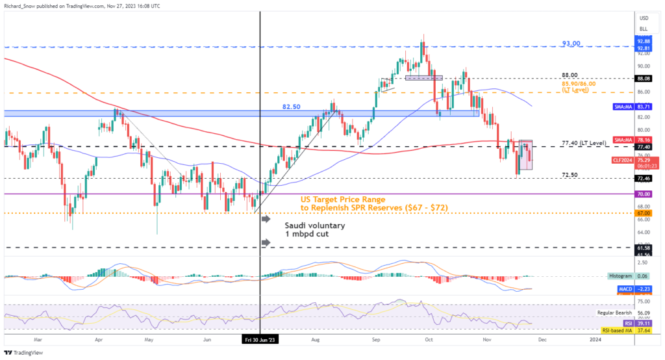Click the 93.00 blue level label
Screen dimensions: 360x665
click(x=572, y=44)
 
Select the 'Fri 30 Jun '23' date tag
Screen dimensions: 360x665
click(x=260, y=339)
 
